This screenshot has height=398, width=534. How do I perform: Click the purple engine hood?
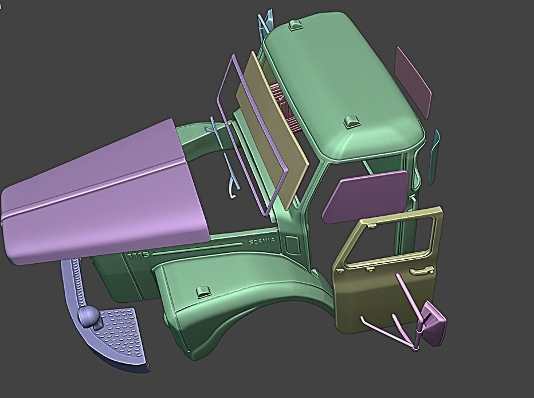point(103,189)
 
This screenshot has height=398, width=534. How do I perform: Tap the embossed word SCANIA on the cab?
point(262,241)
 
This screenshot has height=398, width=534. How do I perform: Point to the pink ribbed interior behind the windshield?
point(286,106)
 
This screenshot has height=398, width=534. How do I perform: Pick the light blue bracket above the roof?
point(265,23)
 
